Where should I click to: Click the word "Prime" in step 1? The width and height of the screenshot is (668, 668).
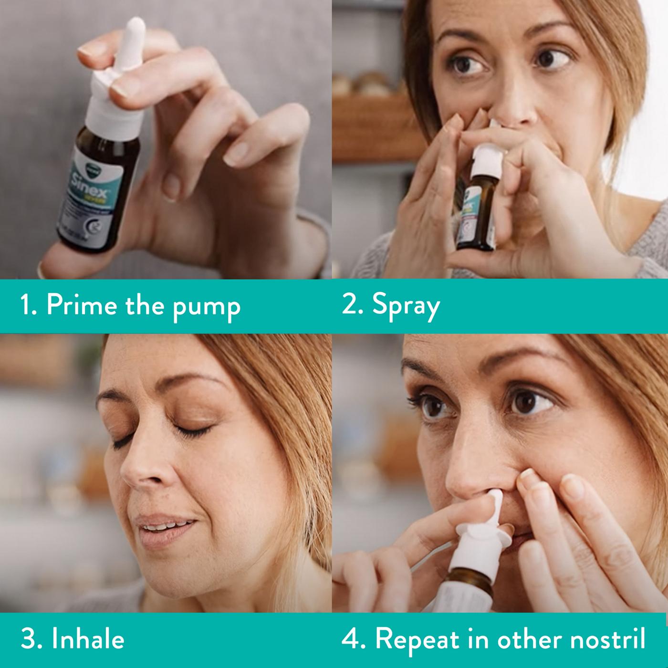click(81, 305)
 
